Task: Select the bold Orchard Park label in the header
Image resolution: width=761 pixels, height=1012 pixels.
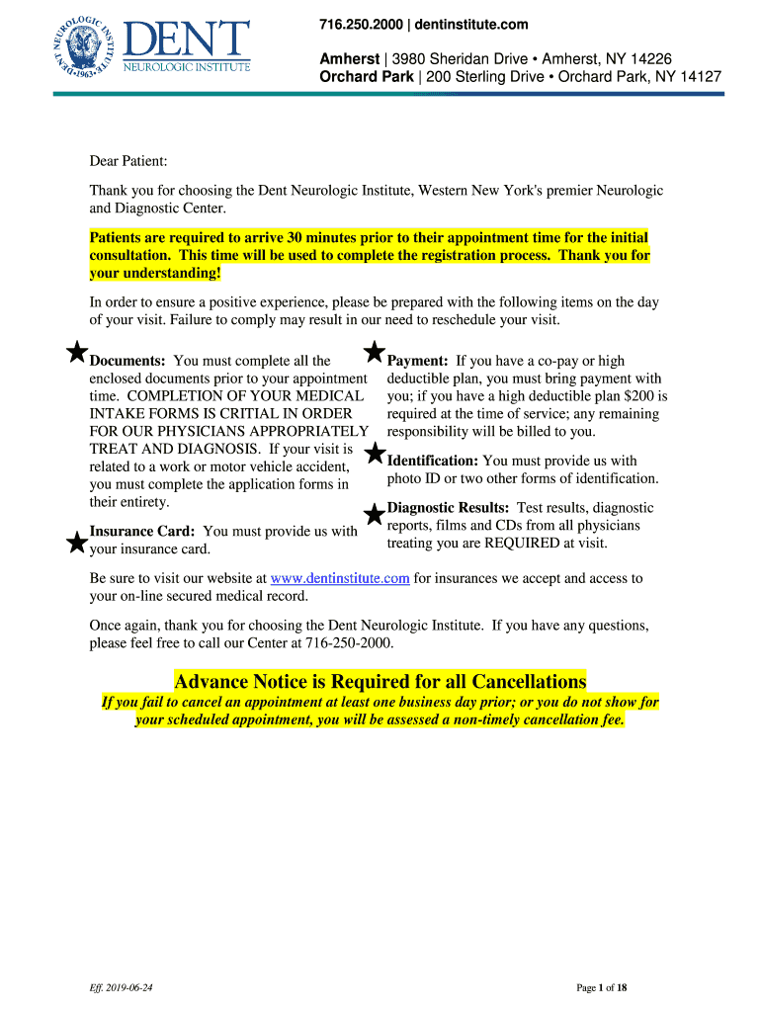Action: [363, 76]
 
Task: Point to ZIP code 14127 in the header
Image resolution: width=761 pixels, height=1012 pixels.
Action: [699, 76]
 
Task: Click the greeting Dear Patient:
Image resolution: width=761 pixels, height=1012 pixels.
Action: [128, 161]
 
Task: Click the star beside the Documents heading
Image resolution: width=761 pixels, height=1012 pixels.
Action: [75, 352]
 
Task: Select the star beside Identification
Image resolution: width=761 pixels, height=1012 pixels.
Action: [375, 454]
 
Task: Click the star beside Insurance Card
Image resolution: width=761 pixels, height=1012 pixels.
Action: [75, 542]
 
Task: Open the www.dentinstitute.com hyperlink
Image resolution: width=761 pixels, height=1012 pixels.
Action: [340, 578]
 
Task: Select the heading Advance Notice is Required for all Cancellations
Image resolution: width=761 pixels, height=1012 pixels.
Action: [380, 681]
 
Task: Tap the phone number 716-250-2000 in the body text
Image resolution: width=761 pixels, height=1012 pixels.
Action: [352, 643]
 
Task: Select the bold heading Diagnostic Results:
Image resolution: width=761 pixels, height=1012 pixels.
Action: [448, 507]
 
